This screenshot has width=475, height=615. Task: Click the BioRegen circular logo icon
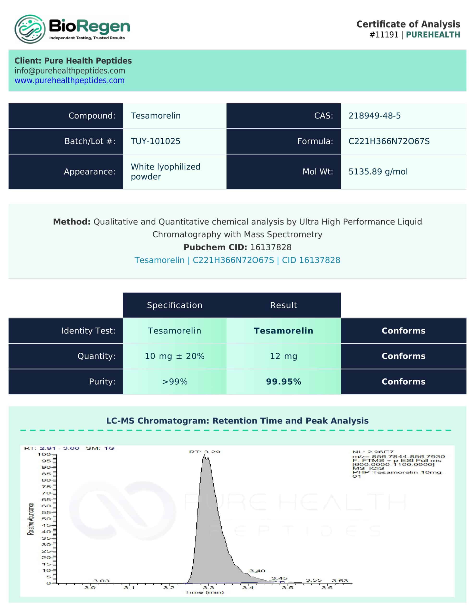(x=30, y=29)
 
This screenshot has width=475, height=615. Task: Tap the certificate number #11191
(x=384, y=35)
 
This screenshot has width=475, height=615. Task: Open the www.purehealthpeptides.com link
(x=70, y=80)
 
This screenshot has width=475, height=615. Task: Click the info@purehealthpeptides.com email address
(x=70, y=71)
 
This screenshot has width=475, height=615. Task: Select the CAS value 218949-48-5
(x=374, y=116)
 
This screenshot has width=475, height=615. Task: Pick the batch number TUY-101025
(x=155, y=141)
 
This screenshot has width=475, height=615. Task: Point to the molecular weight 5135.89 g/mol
(x=378, y=172)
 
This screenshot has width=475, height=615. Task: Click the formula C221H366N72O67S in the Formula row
(x=389, y=141)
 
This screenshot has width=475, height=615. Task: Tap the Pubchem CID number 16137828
(x=271, y=247)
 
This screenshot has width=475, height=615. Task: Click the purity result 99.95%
(x=284, y=381)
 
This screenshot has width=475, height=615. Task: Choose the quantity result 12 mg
(x=284, y=356)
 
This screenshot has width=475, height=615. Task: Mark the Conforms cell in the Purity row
(x=403, y=381)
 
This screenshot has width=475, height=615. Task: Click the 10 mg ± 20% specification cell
(x=175, y=356)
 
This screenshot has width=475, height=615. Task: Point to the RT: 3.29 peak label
(x=204, y=452)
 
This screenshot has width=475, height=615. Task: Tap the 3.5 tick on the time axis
(x=287, y=588)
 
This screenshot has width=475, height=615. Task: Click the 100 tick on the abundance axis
(x=44, y=455)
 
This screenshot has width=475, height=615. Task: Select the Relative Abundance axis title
(x=30, y=519)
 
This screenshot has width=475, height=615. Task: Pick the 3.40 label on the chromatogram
(x=257, y=571)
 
